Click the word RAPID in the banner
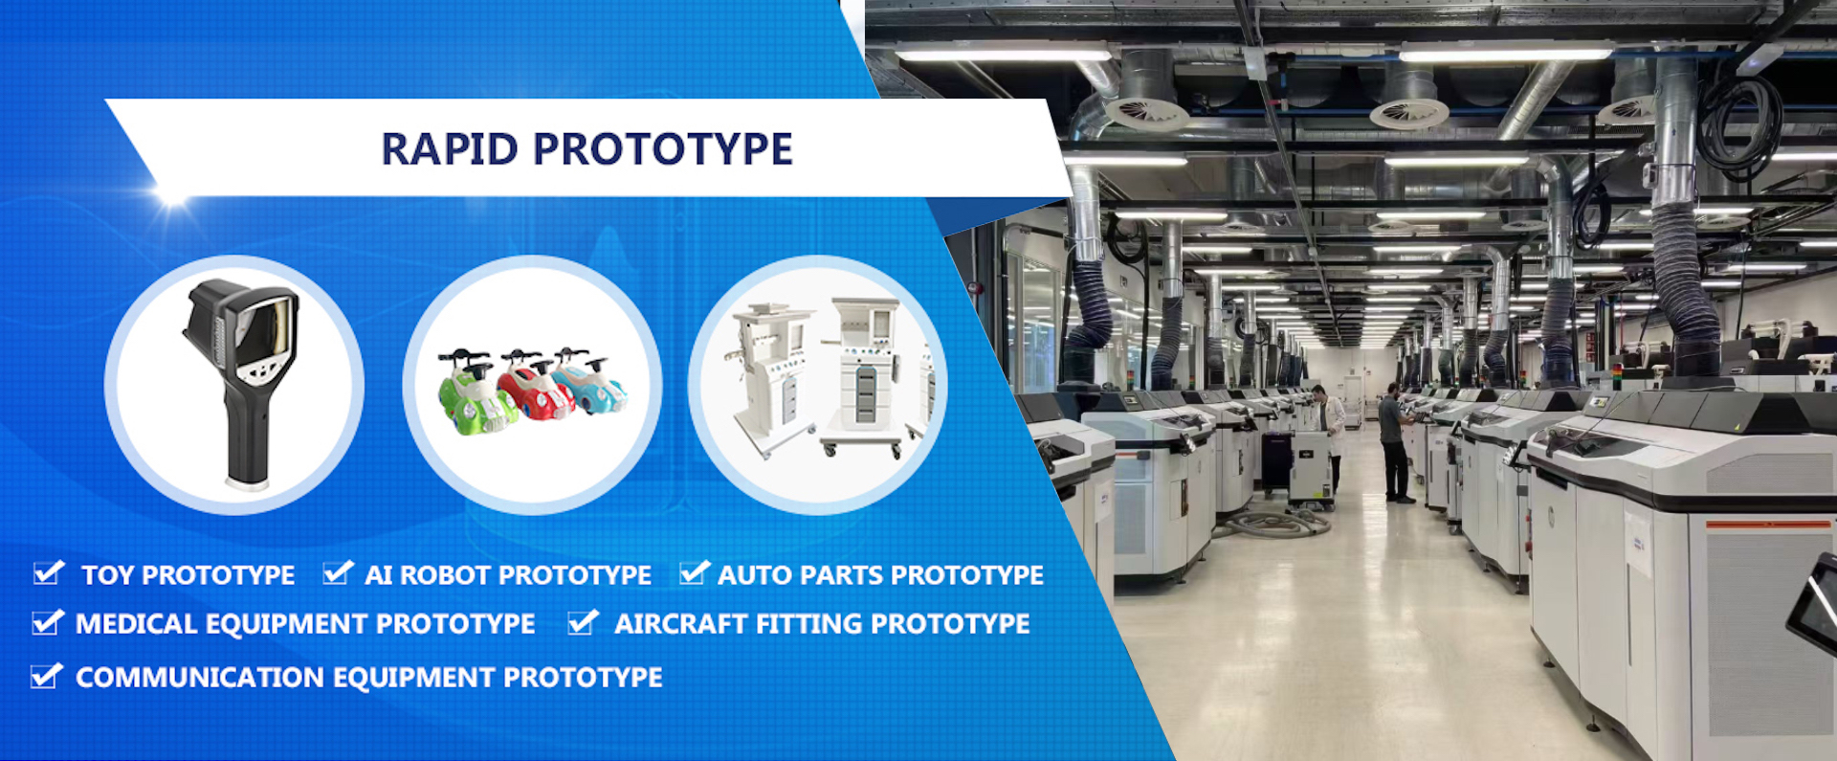(x=449, y=149)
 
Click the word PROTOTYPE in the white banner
(x=662, y=149)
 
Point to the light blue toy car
(x=589, y=382)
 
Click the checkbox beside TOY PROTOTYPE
(x=47, y=573)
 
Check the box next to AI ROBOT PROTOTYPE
(x=337, y=573)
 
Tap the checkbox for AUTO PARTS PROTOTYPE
(x=693, y=573)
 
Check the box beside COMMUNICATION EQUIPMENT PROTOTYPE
(x=45, y=677)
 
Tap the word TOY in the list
(x=107, y=575)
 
